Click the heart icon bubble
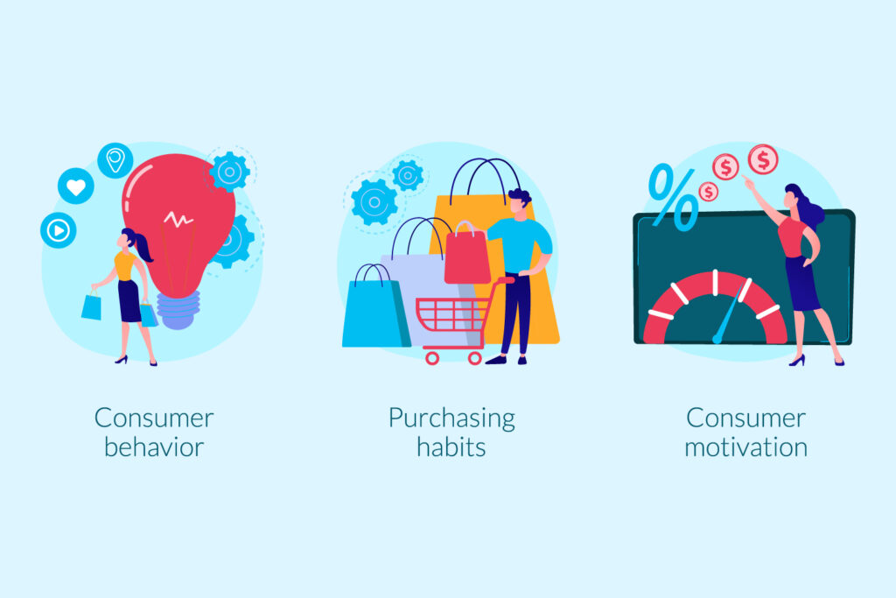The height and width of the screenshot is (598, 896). pos(76,186)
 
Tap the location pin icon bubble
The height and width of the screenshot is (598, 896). pos(115,160)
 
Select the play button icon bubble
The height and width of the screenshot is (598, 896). pos(59,230)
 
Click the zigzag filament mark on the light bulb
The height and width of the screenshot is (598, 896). pos(178,219)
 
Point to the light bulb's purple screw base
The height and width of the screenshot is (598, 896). pos(178,309)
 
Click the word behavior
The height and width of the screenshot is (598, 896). pos(154,447)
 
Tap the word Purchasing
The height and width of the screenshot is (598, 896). pos(451,419)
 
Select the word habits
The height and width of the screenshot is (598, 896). pos(451,447)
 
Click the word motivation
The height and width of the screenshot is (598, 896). pos(745,447)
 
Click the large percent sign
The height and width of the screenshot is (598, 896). pos(674,197)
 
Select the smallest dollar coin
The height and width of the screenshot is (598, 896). pos(708,192)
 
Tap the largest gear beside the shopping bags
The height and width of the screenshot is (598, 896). pos(374,201)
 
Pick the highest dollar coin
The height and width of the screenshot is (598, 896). pos(763,159)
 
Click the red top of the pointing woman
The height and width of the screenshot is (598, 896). pos(793,237)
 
